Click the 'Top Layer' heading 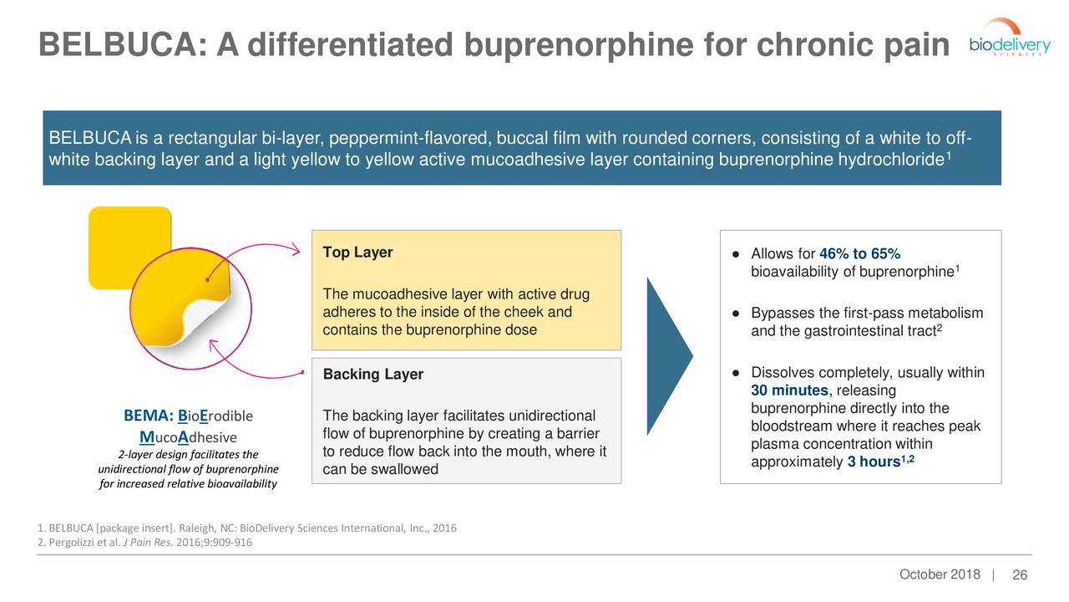[357, 253]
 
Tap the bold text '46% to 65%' [859, 254]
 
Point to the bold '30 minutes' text [788, 391]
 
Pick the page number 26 [1019, 575]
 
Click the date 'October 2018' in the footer [940, 574]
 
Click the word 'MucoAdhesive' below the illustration [188, 437]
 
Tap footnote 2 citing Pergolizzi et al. [144, 542]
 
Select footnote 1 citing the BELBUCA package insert [246, 528]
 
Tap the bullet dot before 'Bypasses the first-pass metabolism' [732, 314]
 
